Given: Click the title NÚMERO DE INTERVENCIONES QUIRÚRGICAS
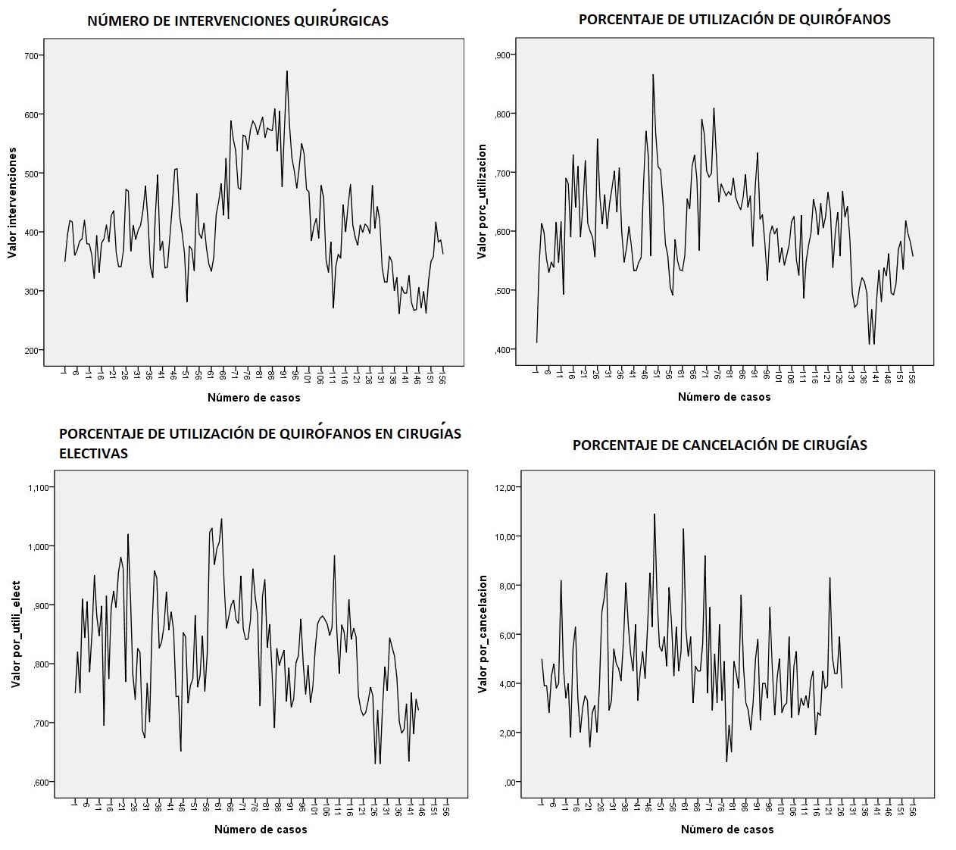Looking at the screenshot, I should tap(238, 20).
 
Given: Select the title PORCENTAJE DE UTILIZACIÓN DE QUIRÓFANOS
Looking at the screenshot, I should tap(734, 20).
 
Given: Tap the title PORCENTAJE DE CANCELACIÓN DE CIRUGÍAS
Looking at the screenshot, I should tap(720, 445).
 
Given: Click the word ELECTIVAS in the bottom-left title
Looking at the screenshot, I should tap(93, 454).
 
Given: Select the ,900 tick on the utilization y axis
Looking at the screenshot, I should tap(503, 55).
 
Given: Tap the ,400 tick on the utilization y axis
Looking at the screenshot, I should tap(503, 349).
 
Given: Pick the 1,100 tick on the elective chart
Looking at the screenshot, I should tap(37, 487).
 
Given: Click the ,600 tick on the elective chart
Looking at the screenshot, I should tap(40, 782).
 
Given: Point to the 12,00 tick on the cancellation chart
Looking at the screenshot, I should tap(504, 487).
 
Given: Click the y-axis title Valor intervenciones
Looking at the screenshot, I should tap(12, 202).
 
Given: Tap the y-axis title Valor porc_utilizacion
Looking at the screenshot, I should tap(482, 202).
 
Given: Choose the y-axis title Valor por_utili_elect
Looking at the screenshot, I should tap(16, 634).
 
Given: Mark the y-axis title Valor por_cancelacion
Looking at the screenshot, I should tap(483, 633).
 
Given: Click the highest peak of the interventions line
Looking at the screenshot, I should tap(287, 71).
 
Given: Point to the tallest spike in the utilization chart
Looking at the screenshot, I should tap(652, 75).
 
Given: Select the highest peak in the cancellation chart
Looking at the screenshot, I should tap(655, 514).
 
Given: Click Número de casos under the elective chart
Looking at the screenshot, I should tap(261, 830).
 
